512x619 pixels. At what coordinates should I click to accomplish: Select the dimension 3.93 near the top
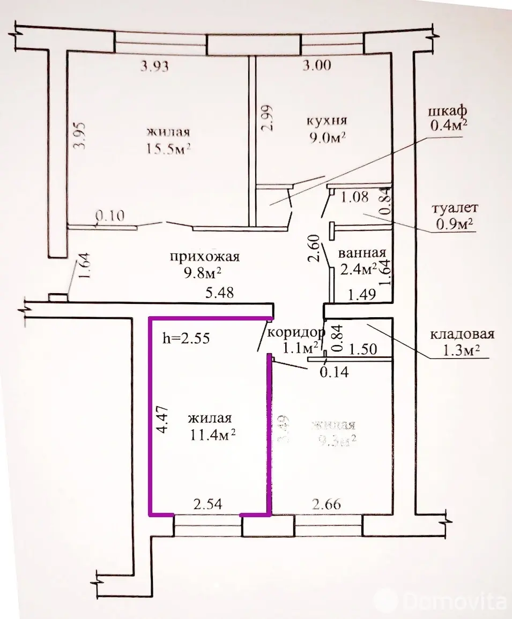point(154,66)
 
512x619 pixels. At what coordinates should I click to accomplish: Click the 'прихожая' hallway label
point(204,257)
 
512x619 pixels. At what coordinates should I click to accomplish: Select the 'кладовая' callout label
point(462,334)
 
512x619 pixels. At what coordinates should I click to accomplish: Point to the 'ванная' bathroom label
point(362,252)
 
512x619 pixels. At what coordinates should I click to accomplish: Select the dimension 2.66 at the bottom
point(325,504)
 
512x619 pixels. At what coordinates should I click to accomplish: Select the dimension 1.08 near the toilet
point(354,197)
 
